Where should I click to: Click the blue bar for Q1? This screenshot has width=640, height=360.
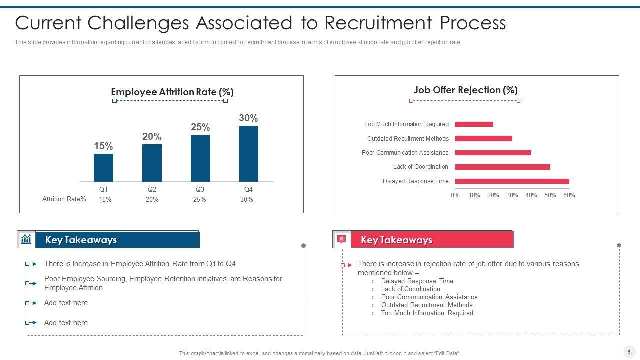pos(103,167)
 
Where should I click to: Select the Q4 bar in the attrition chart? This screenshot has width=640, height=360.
pos(248,153)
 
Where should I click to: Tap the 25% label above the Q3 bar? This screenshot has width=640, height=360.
pos(200,127)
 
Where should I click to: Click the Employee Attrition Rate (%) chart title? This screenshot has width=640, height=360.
pos(172,92)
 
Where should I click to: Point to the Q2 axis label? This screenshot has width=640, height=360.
pos(152,189)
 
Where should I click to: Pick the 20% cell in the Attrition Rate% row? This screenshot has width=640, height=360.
pos(152,199)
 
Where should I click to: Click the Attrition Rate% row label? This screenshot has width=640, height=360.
pos(64,199)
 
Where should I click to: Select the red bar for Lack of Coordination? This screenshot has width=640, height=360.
pos(502,167)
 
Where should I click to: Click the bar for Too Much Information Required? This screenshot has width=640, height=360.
pos(474,124)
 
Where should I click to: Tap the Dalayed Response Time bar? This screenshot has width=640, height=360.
pos(512,181)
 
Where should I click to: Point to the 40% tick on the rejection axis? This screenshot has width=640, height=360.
pos(531,195)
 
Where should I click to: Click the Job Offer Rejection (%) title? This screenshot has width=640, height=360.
pos(465,90)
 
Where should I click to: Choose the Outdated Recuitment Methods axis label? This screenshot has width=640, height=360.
pos(408,139)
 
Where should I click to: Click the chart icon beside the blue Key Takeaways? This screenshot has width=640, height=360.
pos(26,239)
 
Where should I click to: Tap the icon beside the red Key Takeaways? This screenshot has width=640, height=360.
pos(342,239)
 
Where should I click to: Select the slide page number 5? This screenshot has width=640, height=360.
pos(629,351)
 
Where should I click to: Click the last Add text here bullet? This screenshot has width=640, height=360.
pos(66,323)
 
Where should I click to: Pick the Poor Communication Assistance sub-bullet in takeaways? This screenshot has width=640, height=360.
pos(429,297)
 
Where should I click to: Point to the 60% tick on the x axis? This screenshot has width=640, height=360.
pos(569,195)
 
